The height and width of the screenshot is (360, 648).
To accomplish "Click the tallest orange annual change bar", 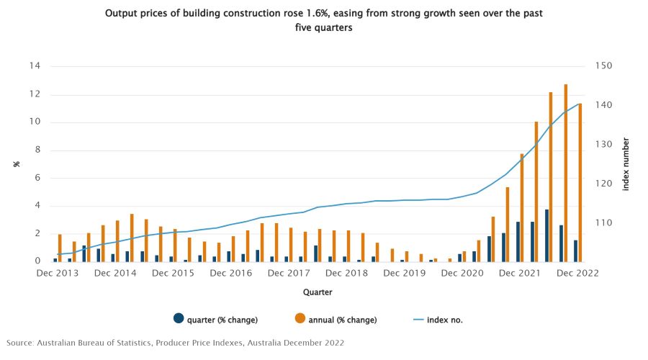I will pyautogui.click(x=565, y=173).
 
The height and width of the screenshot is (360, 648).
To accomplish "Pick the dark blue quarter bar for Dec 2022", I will pyautogui.click(x=575, y=251).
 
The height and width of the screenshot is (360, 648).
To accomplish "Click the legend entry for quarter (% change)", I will pyautogui.click(x=215, y=320).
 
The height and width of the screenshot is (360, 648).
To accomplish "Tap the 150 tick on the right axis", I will pyautogui.click(x=602, y=66).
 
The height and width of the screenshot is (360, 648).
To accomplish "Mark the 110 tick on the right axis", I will pyautogui.click(x=602, y=223).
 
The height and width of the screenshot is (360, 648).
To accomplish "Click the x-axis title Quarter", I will pyautogui.click(x=317, y=292).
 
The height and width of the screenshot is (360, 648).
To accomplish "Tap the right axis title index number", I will pyautogui.click(x=626, y=163).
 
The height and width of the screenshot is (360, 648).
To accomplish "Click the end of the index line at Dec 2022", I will pyautogui.click(x=580, y=104).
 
